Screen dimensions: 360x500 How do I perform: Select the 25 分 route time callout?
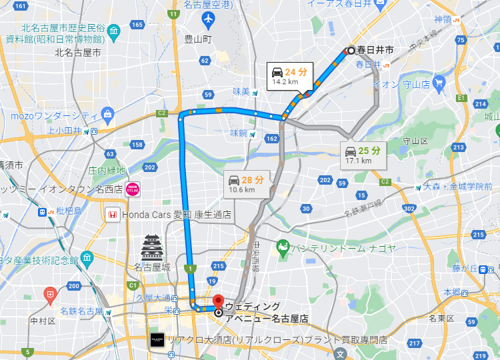pyautogui.click(x=363, y=155)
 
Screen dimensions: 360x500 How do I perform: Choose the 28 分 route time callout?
pyautogui.click(x=246, y=184)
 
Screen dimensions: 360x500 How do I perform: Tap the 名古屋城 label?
pyautogui.click(x=152, y=267)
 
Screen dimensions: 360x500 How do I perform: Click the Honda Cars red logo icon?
pyautogui.click(x=112, y=215)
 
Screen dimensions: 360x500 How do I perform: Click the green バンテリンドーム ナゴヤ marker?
pyautogui.click(x=282, y=248)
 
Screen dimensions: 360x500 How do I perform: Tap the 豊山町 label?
pyautogui.click(x=198, y=39)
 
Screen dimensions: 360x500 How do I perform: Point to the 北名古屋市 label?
pyautogui.click(x=78, y=52)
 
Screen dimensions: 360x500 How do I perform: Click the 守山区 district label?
pyautogui.click(x=415, y=141)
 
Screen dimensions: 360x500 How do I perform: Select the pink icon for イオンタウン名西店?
pyautogui.click(x=133, y=189)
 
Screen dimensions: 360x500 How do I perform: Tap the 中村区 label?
pyautogui.click(x=43, y=321)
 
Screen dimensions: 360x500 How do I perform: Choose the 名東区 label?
pyautogui.click(x=441, y=319)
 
